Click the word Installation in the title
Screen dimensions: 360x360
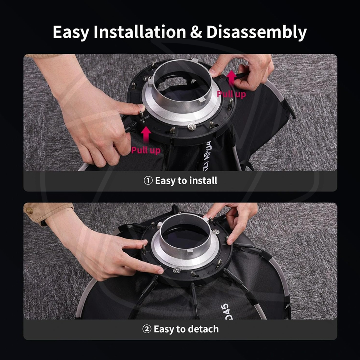click(x=140, y=32)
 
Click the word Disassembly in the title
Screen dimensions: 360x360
click(x=256, y=32)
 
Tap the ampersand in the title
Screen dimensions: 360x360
click(x=196, y=32)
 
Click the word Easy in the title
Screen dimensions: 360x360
click(x=71, y=33)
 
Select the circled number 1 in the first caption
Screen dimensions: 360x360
click(x=148, y=180)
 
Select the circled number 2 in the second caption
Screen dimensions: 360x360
click(x=147, y=329)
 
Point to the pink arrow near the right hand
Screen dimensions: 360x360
click(x=232, y=78)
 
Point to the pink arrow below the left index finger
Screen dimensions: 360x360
click(x=146, y=135)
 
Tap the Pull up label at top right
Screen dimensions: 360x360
click(x=231, y=94)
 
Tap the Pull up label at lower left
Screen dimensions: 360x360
click(x=146, y=150)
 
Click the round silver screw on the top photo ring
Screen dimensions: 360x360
click(x=192, y=126)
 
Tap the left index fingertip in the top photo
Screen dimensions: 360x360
click(x=140, y=107)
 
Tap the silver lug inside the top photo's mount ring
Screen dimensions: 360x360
click(x=201, y=100)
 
